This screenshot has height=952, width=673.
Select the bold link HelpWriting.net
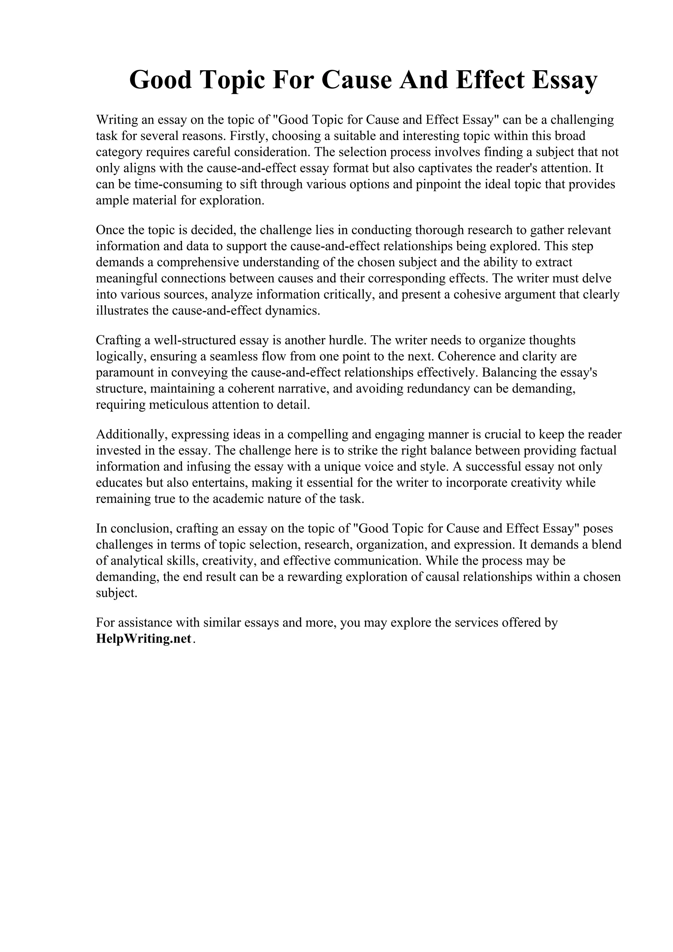pos(144,639)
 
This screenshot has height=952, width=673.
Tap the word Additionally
pos(131,435)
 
